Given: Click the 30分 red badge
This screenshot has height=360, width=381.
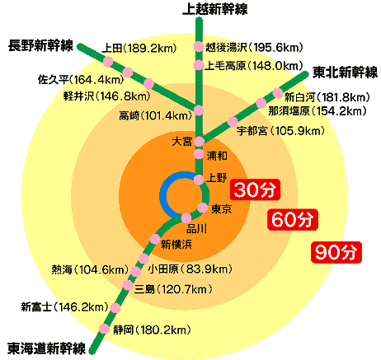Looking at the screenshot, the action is coord(255,189).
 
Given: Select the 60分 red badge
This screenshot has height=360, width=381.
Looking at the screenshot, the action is coord(293,219).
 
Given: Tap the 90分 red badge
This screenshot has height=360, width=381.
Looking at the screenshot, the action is coord(336,252).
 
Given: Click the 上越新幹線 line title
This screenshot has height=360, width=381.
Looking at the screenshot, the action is coord(215,8).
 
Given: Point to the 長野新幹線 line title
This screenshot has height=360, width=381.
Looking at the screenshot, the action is coord(40,45).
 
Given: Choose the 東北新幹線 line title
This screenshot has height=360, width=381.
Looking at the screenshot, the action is coord(346,72).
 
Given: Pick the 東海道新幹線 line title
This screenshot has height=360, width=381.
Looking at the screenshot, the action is coord(47,348).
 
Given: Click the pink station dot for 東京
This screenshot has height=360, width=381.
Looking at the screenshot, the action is coord(203,208).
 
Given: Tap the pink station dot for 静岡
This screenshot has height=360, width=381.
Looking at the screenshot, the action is coord(104,329).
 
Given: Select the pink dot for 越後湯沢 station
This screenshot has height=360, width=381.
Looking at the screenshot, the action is coord(198,47).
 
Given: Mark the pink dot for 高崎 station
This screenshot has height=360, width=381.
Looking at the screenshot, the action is coord(199,110).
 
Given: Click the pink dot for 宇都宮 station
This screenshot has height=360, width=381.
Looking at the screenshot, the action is coord(233,121).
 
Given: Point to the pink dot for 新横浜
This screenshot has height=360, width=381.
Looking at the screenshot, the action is coord(155,239).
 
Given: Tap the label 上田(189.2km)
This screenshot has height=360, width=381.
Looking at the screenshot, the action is coord(139,49).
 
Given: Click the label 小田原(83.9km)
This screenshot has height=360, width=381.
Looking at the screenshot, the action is coord(190,269).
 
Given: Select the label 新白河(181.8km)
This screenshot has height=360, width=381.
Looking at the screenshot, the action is coord(327,97).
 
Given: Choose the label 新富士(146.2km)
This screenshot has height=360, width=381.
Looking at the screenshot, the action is coord(65,306).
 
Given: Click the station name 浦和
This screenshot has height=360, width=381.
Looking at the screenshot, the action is coord(217,156).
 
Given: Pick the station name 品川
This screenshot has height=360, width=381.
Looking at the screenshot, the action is coord(197,229).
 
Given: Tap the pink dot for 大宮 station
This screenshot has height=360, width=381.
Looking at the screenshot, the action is coord(199,142).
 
